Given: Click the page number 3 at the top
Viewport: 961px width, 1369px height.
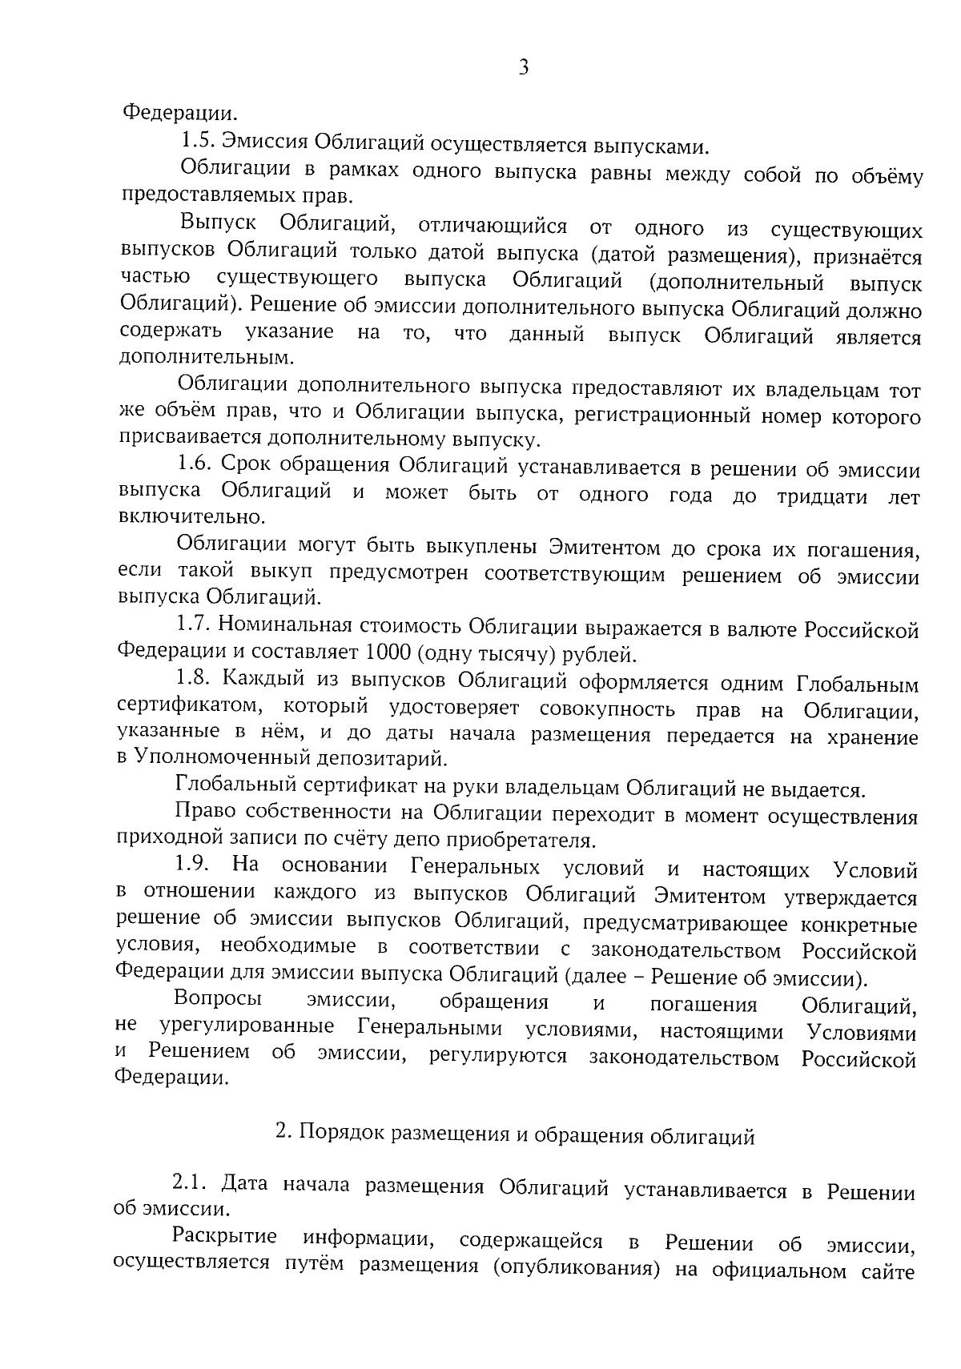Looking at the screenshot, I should click(523, 68).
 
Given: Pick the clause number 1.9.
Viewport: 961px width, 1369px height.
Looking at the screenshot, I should click(192, 866).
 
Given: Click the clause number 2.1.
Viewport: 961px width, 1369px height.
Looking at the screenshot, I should click(189, 1182).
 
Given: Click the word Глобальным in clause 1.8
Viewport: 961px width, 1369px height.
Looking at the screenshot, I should click(858, 685).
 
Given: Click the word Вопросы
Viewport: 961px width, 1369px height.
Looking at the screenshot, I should click(218, 1001).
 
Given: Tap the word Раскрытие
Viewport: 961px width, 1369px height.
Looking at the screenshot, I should click(225, 1237).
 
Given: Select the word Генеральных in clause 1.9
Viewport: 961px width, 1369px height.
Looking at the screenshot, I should click(475, 868).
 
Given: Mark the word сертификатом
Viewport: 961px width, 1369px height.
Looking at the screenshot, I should click(183, 707).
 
